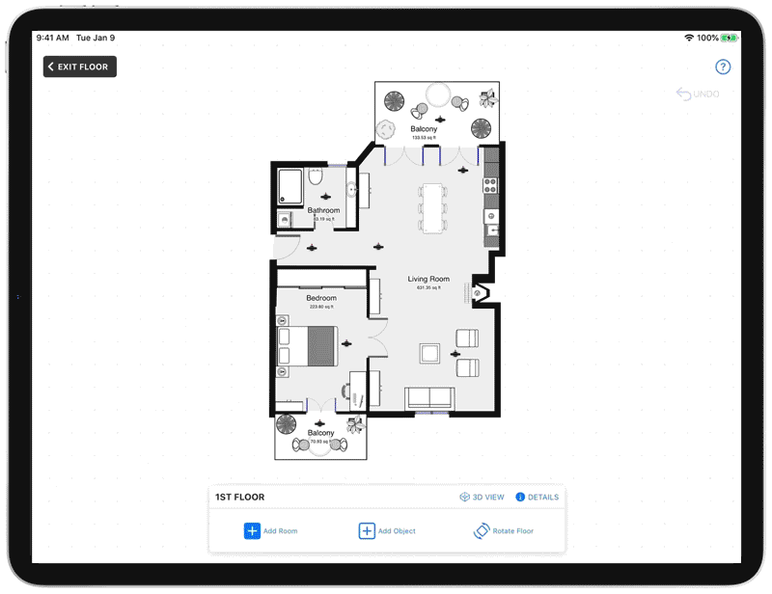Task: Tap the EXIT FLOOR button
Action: [80, 67]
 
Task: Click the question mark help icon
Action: [723, 67]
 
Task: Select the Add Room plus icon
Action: [252, 530]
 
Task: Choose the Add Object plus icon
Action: [367, 530]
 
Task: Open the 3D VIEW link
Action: [482, 498]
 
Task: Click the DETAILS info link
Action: [538, 498]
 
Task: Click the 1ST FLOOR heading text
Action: [240, 498]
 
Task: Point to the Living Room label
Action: [428, 280]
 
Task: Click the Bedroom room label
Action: [321, 299]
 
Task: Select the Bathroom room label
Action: [323, 210]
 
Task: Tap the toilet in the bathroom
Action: [316, 179]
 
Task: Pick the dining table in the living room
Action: [432, 206]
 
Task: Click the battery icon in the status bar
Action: [731, 38]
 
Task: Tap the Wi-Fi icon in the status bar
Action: [689, 38]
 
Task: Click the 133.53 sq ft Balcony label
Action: [424, 129]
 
